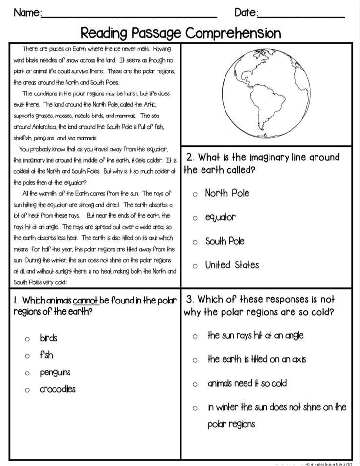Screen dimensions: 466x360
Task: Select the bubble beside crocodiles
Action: pos(28,390)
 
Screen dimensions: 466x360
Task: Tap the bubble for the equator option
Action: pos(195,218)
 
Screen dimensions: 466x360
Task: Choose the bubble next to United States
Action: pos(195,266)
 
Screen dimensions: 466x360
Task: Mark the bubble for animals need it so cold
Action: pos(195,384)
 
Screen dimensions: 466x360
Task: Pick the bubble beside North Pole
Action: pos(195,194)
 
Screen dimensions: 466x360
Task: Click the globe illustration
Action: pos(265,93)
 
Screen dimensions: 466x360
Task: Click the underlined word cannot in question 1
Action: pos(87,300)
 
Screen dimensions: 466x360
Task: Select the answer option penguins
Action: pos(55,373)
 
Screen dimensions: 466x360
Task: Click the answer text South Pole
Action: pos(225,241)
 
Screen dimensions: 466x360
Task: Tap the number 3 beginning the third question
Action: pos(189,299)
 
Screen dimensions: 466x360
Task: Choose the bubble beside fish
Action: pos(28,356)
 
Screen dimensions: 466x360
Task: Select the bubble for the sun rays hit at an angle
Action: pos(195,336)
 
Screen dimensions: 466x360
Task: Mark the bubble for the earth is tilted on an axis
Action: pos(195,360)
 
